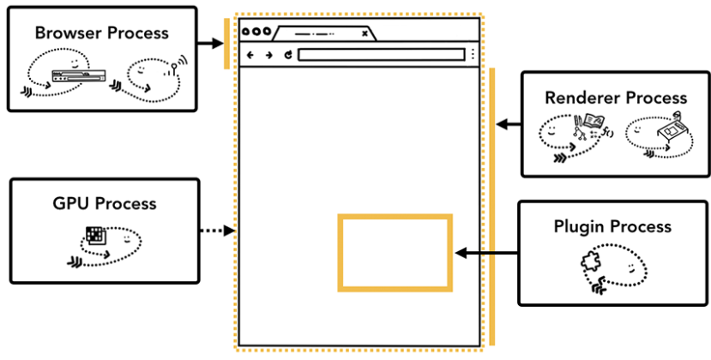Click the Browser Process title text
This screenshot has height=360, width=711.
[x=102, y=33]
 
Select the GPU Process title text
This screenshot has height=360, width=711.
[x=102, y=203]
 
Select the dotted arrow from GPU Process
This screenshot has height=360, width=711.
[x=217, y=230]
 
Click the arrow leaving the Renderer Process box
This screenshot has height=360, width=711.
[x=509, y=124]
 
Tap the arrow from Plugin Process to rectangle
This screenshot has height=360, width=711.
[x=486, y=253]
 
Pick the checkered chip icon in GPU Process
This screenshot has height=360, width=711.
[x=94, y=234]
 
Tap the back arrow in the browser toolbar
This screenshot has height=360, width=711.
[x=250, y=55]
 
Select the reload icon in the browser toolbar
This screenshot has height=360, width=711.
[x=288, y=55]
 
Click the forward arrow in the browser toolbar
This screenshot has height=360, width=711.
[x=268, y=55]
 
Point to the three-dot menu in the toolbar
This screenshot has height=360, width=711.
[x=472, y=55]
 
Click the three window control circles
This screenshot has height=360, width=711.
[x=254, y=33]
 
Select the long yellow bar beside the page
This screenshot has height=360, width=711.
[x=491, y=206]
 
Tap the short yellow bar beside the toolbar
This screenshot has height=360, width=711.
[x=226, y=42]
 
